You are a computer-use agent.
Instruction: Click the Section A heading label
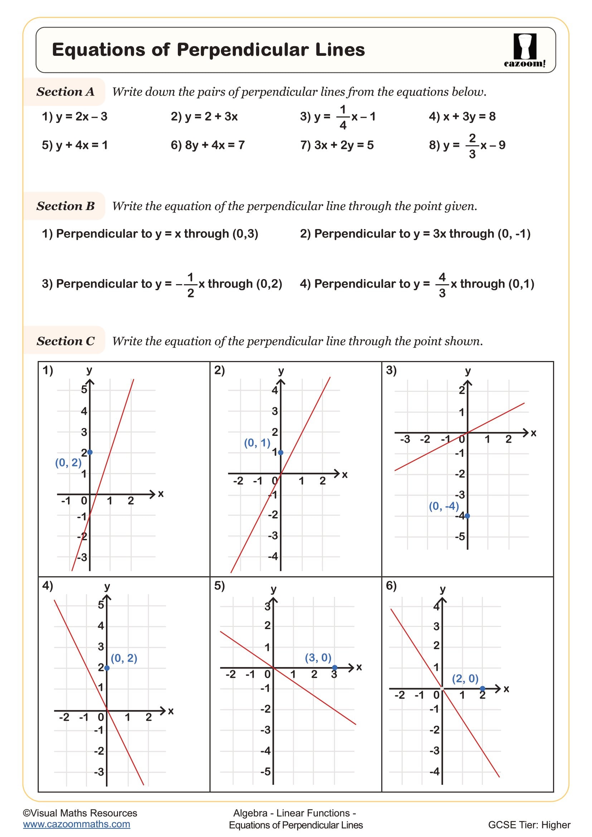(65, 92)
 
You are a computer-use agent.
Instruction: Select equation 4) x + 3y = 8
(462, 117)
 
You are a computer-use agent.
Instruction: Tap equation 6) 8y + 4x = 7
(208, 145)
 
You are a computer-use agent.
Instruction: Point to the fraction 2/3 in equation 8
(472, 145)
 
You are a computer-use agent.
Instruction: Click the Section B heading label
(65, 206)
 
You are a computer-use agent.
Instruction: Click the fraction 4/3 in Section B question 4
(442, 284)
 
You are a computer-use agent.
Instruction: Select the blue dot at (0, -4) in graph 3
(467, 516)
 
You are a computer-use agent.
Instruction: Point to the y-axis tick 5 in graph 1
(84, 390)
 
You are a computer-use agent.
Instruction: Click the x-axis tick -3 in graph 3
(405, 439)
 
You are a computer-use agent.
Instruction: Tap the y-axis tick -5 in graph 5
(265, 772)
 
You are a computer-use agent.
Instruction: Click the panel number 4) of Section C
(47, 585)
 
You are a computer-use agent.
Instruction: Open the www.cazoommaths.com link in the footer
(76, 824)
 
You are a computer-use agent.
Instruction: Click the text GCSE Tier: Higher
(529, 825)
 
